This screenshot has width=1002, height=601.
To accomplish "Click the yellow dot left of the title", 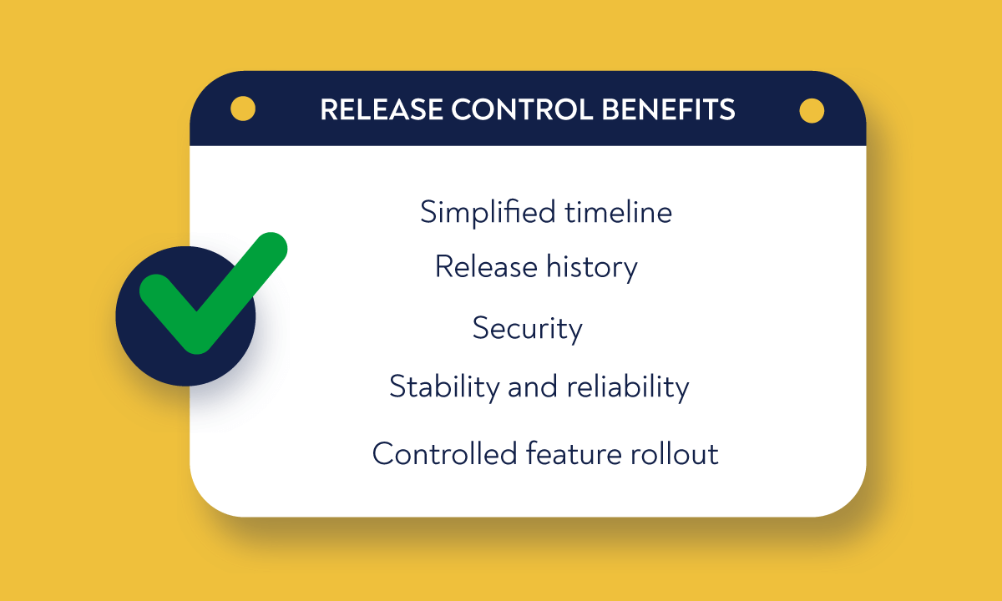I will pos(243,109).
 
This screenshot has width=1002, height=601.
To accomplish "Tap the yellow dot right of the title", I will pos(812,110).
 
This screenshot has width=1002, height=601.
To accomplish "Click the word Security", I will pos(527,327).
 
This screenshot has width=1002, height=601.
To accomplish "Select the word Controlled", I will pos(445,453).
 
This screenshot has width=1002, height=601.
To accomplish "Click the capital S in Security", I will pos(479,327).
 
